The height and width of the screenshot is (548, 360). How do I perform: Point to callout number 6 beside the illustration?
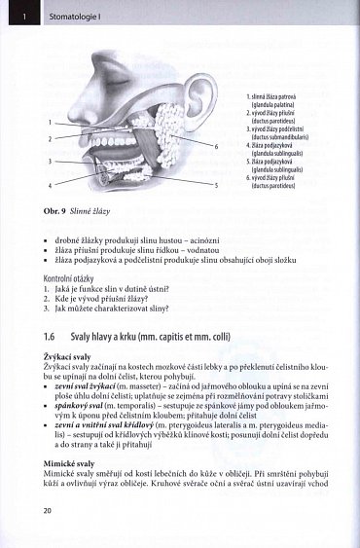click(216, 146)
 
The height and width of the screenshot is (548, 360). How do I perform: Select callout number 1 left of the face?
click(49, 123)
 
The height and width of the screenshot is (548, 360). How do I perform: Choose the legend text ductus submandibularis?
click(285, 136)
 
